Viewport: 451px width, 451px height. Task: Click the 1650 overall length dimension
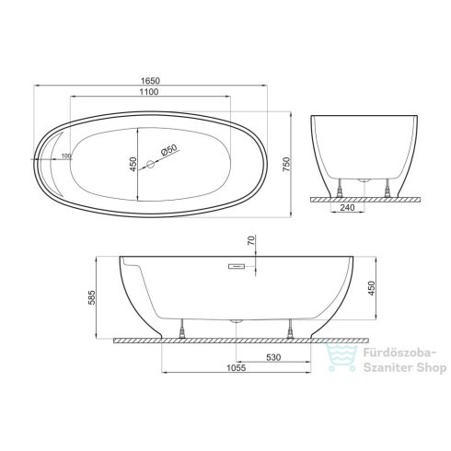[x=150, y=81]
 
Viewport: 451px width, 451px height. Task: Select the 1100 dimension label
[x=149, y=92]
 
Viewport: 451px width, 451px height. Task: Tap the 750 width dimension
[x=286, y=164]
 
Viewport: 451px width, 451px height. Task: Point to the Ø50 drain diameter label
[x=169, y=150]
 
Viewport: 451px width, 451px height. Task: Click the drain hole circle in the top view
[x=151, y=164]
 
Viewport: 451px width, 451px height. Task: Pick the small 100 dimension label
[x=66, y=156]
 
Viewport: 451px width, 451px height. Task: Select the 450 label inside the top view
[x=133, y=164]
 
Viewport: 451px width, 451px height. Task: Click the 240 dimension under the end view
[x=348, y=208]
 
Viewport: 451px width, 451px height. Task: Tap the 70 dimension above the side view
[x=251, y=239]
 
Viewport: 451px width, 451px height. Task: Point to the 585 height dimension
[x=92, y=297]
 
